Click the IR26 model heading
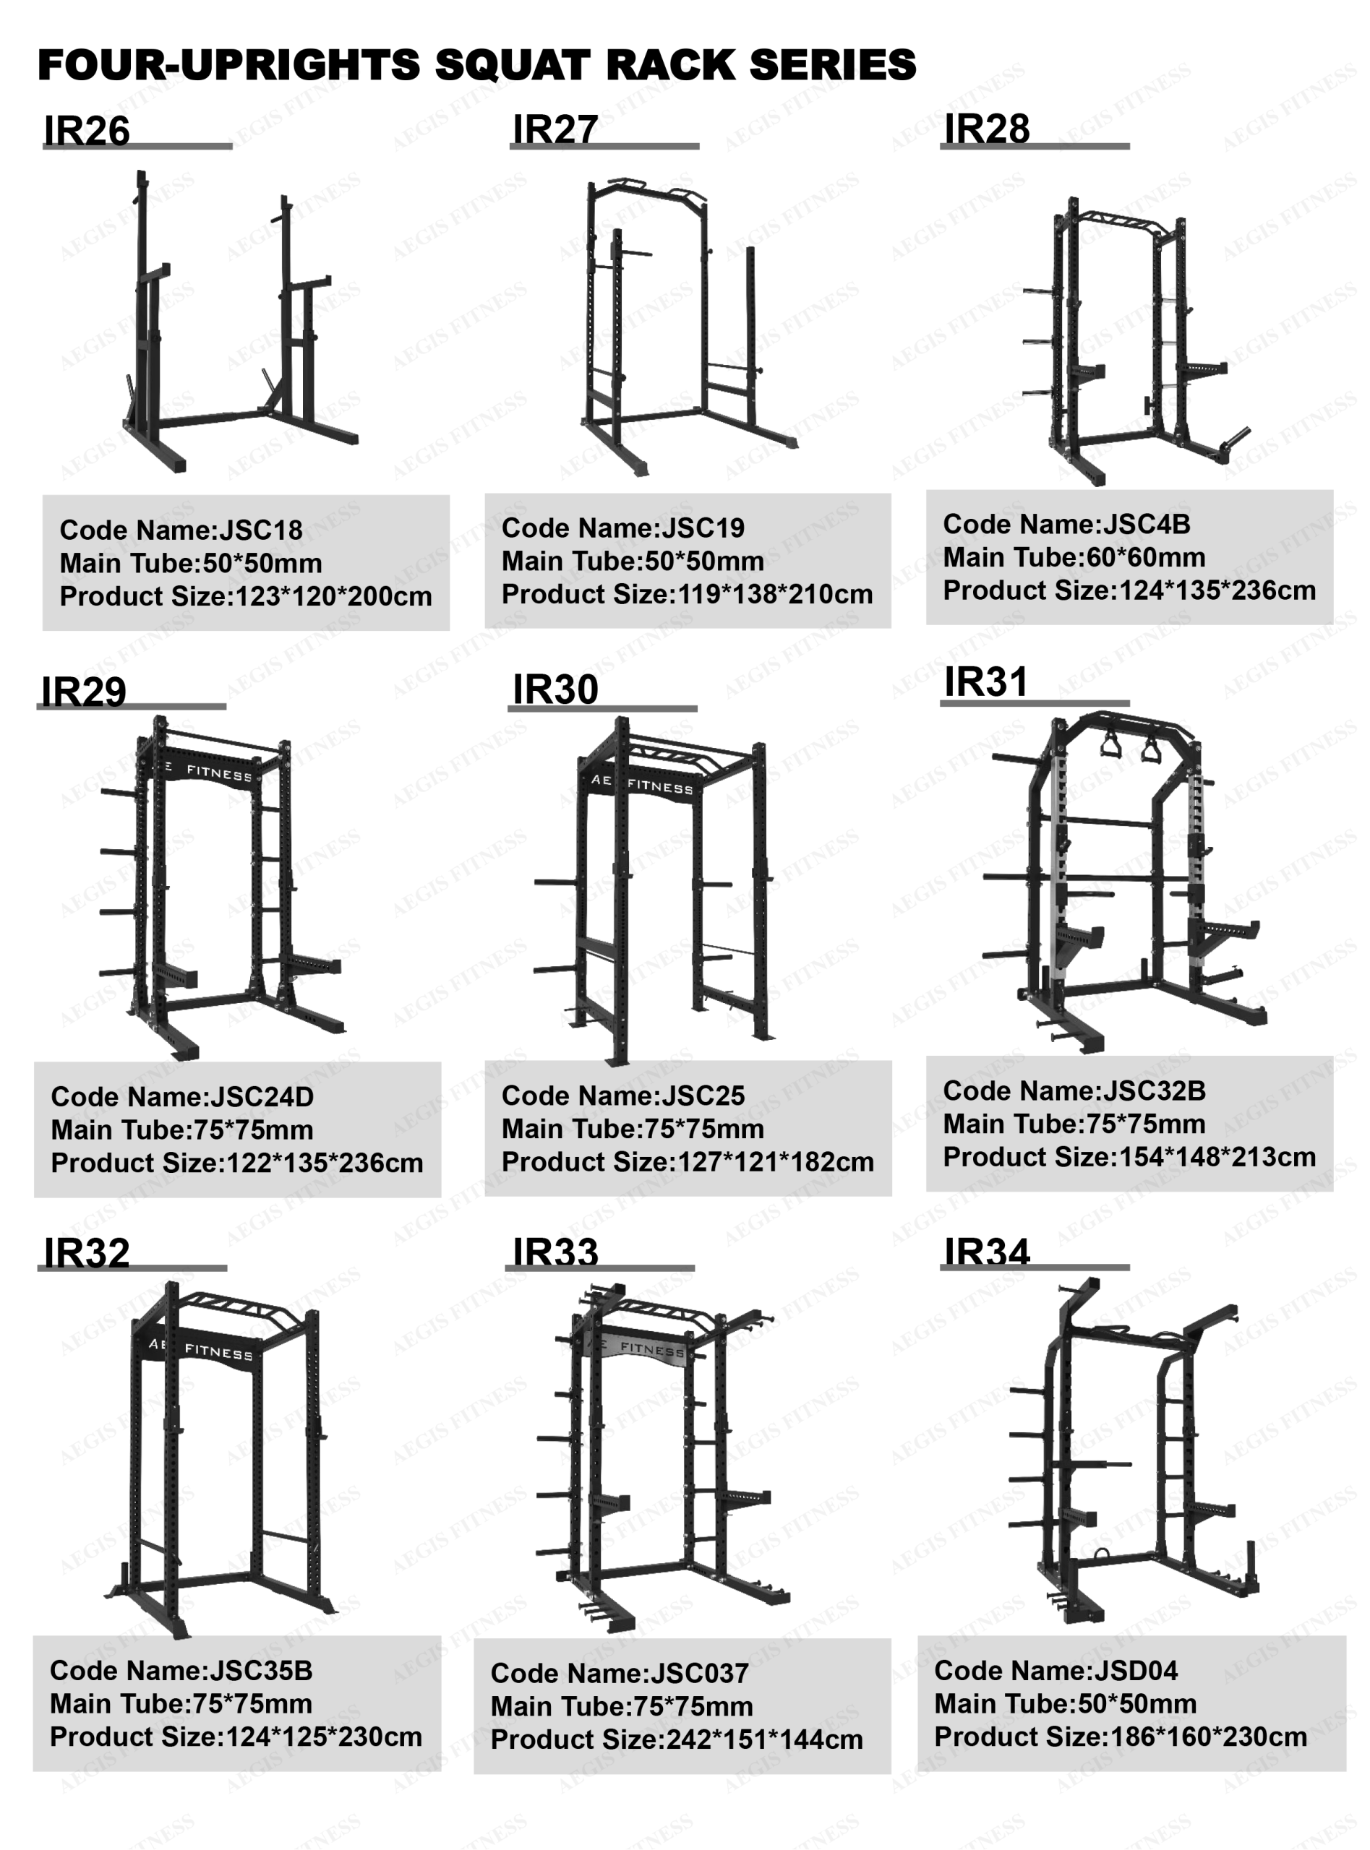click(87, 131)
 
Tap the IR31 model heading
click(986, 682)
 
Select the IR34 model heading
click(987, 1252)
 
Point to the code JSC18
click(260, 530)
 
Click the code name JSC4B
click(1146, 524)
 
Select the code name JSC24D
click(262, 1096)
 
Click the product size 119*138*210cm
click(776, 594)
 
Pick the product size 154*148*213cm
click(1217, 1157)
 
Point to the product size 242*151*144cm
click(765, 1739)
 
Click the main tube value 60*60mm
click(1146, 557)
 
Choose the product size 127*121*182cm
click(776, 1162)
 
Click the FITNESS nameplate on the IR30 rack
click(643, 783)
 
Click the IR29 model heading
click(84, 692)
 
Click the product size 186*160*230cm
click(1208, 1737)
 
